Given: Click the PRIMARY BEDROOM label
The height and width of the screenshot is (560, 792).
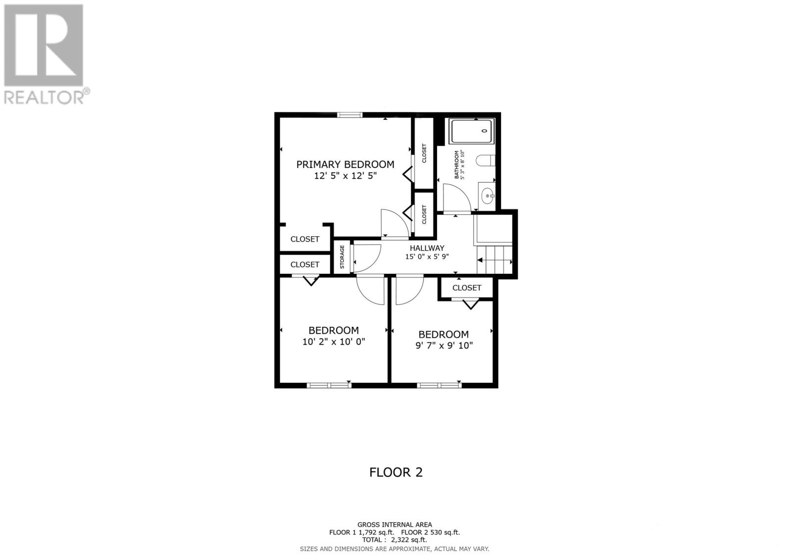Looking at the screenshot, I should [x=345, y=164].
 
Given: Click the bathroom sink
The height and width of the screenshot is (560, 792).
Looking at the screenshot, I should [x=488, y=196].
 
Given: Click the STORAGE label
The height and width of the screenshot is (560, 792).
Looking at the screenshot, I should [x=342, y=257].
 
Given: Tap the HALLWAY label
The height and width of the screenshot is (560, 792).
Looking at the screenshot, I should [x=427, y=248].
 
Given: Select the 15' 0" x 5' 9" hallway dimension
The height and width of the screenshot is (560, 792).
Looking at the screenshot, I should [x=427, y=256].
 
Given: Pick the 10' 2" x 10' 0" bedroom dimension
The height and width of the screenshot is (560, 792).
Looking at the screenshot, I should [x=334, y=342].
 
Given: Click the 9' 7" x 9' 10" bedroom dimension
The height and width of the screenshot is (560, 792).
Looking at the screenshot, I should [x=444, y=346].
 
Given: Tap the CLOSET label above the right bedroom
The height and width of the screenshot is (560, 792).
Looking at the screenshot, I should [x=466, y=288].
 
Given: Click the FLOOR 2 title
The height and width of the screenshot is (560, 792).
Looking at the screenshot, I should [x=396, y=472].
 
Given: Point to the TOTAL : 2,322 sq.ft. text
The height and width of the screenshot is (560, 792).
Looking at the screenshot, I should [x=395, y=540].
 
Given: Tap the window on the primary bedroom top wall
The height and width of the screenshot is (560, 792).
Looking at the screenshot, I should [x=350, y=115].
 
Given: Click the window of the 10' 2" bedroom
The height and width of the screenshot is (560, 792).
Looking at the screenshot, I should [x=329, y=385].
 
